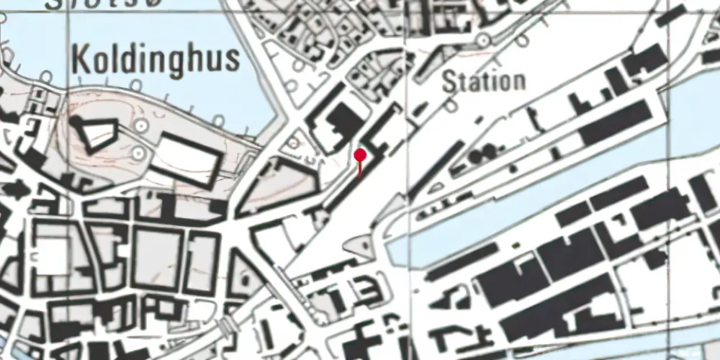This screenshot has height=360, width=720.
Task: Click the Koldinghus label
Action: pos(156,60)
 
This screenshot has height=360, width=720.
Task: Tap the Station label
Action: pos(483,81)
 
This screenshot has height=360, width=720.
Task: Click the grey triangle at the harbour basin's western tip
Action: pos(361,246)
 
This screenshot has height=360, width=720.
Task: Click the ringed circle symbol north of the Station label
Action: pos(483,39)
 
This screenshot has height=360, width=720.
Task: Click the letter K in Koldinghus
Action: pos(81,60)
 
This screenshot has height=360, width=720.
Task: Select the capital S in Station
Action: pos(449,81)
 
